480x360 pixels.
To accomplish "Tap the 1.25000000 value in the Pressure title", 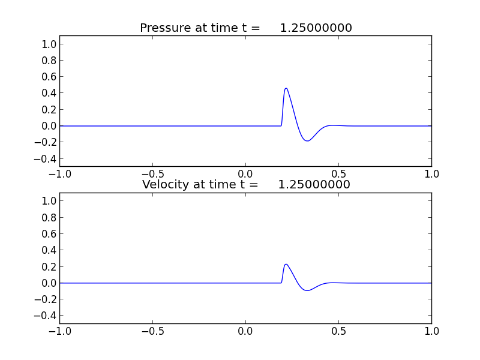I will click(x=316, y=28).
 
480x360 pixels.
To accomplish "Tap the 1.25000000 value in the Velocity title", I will click(x=314, y=185).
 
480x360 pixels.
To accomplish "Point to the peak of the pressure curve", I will click(x=286, y=88).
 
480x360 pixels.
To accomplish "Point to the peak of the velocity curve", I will click(x=286, y=264).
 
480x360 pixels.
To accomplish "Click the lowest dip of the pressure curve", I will click(x=307, y=141).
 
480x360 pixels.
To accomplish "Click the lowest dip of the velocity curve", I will click(x=307, y=290).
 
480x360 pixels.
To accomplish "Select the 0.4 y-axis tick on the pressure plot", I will click(x=49, y=93).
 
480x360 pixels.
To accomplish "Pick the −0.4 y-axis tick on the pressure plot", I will click(x=47, y=158).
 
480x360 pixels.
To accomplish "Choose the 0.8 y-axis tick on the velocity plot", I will click(x=49, y=218).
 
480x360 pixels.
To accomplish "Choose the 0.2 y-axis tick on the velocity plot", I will click(x=49, y=266).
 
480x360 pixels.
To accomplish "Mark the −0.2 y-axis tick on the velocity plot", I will click(x=47, y=299).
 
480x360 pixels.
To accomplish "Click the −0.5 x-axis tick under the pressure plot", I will click(x=152, y=174).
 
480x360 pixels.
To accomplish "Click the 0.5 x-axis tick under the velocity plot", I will click(x=338, y=331).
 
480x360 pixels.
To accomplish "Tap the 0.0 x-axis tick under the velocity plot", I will click(x=245, y=331).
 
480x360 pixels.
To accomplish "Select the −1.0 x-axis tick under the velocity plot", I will click(x=59, y=331).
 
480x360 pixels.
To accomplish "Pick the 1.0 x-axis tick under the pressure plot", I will click(x=431, y=174).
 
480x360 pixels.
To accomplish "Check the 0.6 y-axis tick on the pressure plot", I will click(x=49, y=77).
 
